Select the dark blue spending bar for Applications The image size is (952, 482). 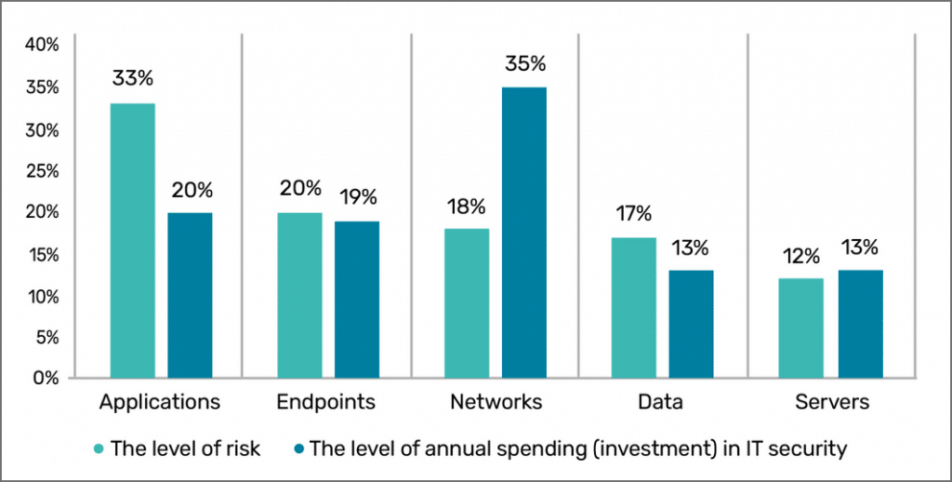tap(190, 295)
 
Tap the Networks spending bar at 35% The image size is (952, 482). tap(524, 233)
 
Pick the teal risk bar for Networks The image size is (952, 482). tap(467, 303)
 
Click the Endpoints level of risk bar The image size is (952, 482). tap(299, 295)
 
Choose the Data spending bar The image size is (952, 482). tap(692, 324)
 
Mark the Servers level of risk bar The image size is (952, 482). tap(800, 328)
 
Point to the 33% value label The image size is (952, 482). tap(133, 79)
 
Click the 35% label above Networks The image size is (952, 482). tap(525, 64)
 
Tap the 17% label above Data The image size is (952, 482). tap(634, 213)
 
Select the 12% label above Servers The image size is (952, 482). tap(800, 254)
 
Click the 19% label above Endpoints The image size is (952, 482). tap(357, 196)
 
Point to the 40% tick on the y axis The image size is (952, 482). tap(43, 46)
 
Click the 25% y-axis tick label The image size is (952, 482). tap(43, 171)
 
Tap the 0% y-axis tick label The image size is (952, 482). tap(47, 379)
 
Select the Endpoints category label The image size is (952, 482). tap(326, 403)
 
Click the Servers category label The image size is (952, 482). tap(833, 403)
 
